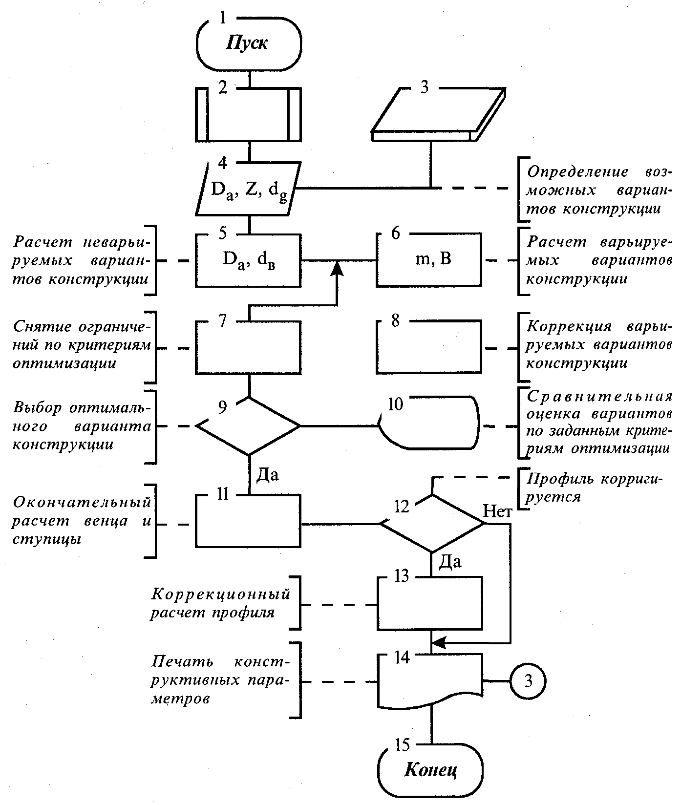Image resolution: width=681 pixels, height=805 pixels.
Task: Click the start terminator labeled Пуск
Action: click(x=248, y=43)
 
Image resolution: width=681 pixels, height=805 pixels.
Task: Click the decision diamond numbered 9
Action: click(x=248, y=426)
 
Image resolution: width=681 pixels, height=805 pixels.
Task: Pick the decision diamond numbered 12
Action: click(x=432, y=524)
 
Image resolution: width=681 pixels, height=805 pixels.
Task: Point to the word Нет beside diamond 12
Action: click(x=497, y=511)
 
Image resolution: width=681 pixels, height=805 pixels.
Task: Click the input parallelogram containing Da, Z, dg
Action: click(x=248, y=190)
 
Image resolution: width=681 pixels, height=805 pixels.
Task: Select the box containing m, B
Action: click(x=428, y=259)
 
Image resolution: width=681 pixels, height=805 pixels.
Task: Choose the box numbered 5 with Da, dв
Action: click(x=248, y=260)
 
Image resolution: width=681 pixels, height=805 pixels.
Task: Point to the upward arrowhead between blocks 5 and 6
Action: click(x=337, y=268)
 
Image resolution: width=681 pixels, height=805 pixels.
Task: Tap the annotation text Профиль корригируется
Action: click(x=594, y=487)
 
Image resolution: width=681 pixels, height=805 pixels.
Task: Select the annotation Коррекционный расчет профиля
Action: click(x=220, y=603)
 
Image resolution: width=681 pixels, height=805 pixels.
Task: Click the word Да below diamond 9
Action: click(x=268, y=474)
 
